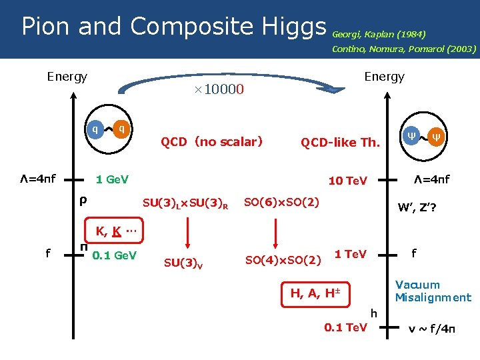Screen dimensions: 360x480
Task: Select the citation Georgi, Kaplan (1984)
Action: coord(379,33)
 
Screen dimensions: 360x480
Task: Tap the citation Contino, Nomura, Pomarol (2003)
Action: coord(404,49)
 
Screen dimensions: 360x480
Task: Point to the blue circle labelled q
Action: coord(96,129)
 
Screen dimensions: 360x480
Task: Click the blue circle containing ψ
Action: coord(410,137)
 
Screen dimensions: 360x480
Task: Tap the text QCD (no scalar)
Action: coord(211,141)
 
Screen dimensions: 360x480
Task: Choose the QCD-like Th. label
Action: coord(340,143)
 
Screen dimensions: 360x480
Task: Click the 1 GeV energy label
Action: coord(112,180)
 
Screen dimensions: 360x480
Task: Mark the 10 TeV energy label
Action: coord(347,181)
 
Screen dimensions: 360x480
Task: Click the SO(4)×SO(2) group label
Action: coord(283,259)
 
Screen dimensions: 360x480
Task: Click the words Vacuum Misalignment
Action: coord(433,291)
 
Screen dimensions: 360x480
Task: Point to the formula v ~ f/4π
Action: coord(431,328)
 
